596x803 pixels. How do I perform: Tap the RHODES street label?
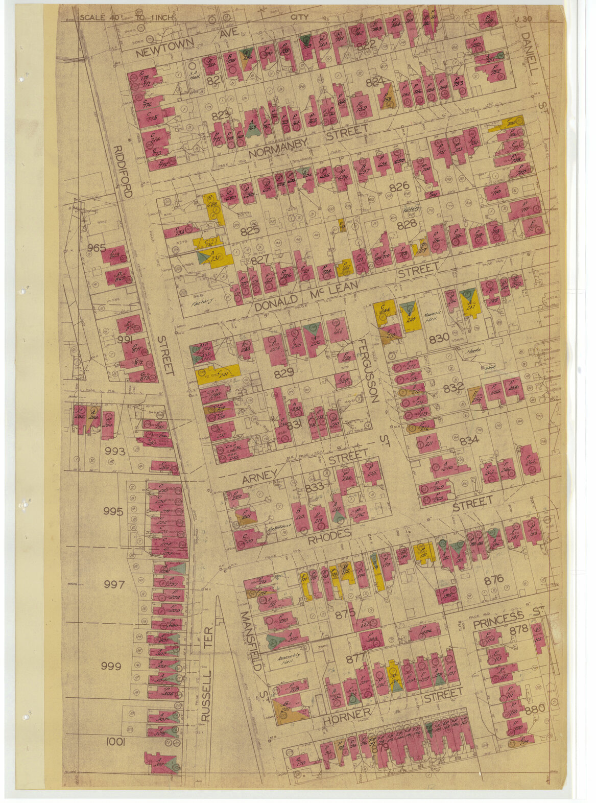(329, 534)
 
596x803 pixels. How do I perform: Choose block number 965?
(96, 248)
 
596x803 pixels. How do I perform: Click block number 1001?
(115, 742)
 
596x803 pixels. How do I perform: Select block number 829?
(283, 373)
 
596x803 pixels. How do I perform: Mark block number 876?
(494, 580)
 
